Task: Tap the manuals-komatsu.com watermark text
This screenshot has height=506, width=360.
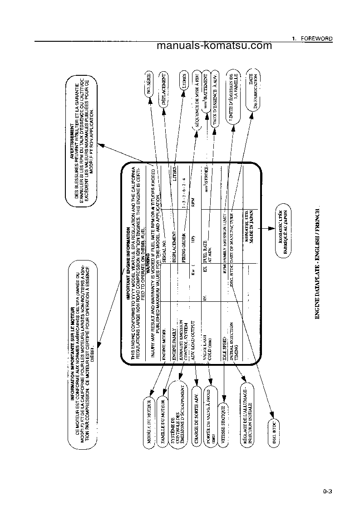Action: [214, 46]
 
